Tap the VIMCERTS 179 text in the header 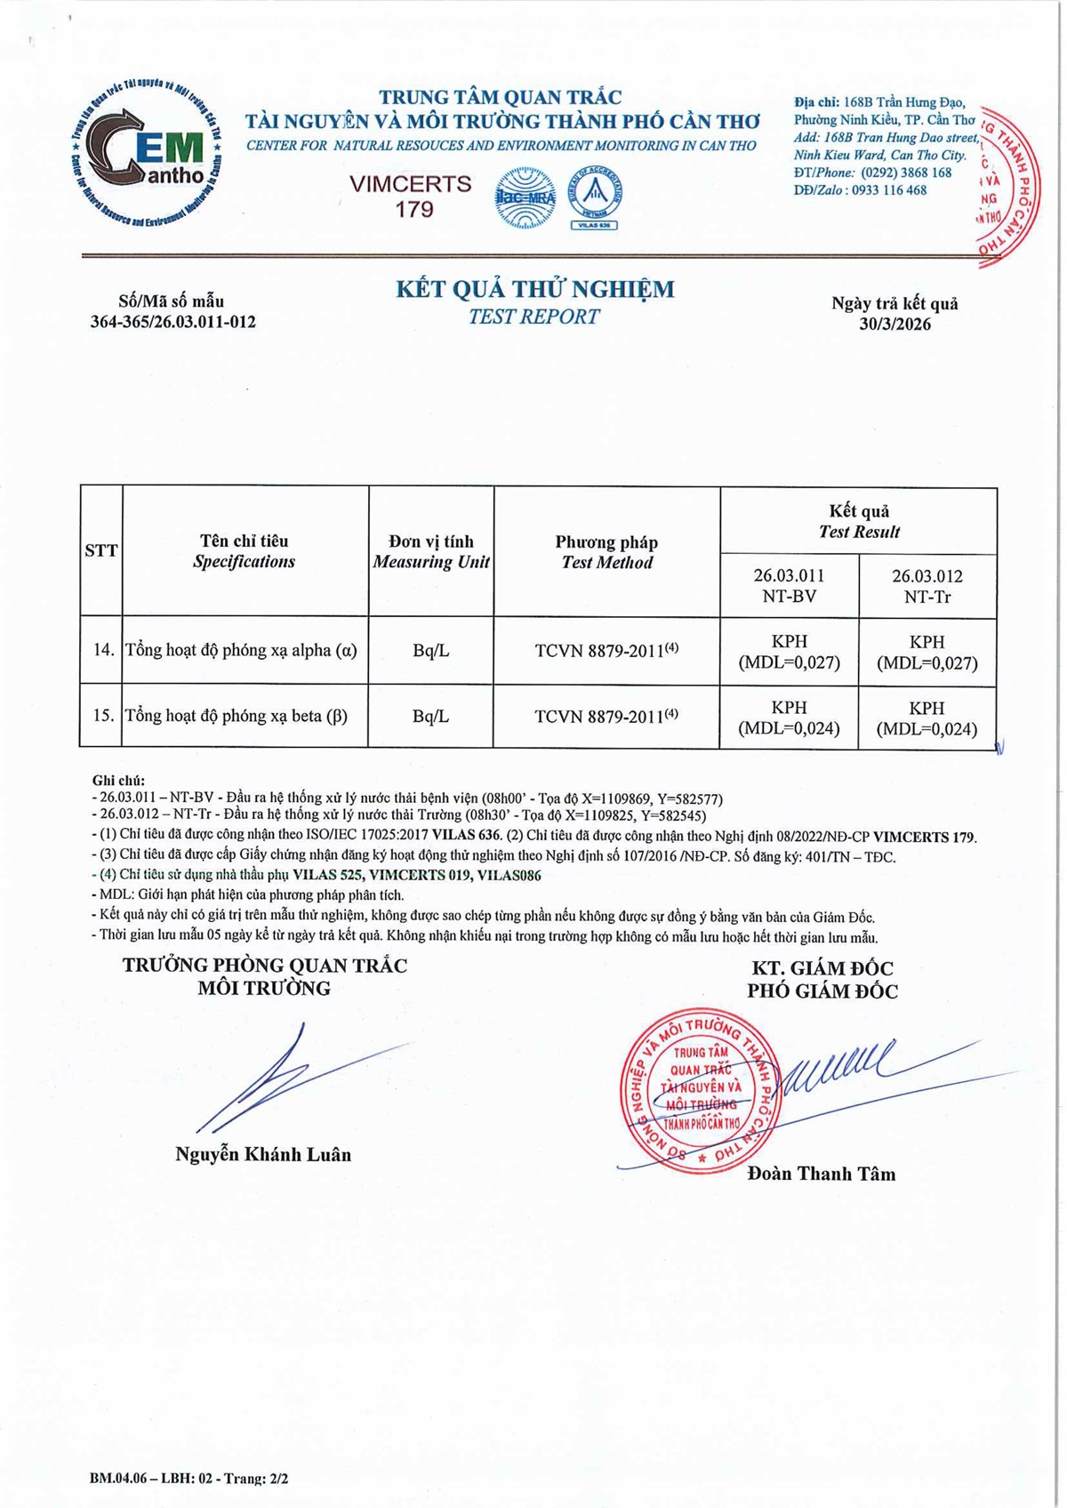click(410, 197)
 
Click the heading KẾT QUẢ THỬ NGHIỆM click(534, 289)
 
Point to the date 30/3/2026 click(895, 325)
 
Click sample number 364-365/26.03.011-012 click(172, 322)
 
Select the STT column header click(100, 551)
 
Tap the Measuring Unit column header click(431, 552)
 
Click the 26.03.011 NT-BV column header click(789, 586)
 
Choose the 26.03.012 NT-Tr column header click(927, 586)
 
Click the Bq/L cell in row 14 click(431, 651)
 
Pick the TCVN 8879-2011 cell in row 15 click(606, 717)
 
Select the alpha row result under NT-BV click(789, 652)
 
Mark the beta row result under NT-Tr click(927, 718)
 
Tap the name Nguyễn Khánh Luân click(263, 1155)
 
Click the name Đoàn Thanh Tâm click(822, 1174)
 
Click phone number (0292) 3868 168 click(906, 172)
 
